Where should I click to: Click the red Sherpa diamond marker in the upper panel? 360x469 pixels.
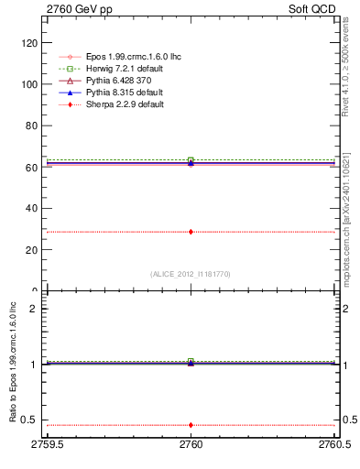click(x=191, y=232)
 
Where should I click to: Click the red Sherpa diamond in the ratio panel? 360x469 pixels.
click(x=191, y=425)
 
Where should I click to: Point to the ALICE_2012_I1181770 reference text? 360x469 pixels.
click(x=191, y=274)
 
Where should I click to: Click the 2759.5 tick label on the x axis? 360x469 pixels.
click(x=47, y=444)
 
